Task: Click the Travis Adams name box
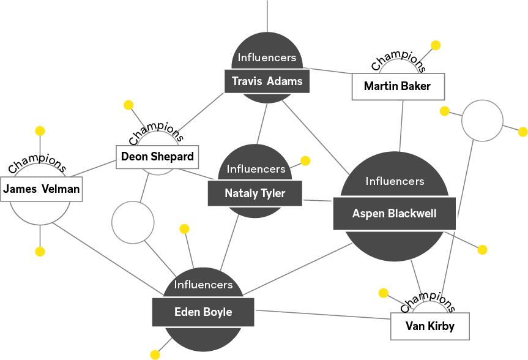coord(267,81)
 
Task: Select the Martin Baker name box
coord(397,86)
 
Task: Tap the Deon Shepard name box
coord(158,157)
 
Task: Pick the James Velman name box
coord(42,189)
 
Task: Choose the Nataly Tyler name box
coord(255,193)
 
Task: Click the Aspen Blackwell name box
coord(394,214)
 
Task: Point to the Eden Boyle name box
coord(203,312)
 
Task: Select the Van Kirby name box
coord(430,326)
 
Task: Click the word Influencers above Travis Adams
coord(267,58)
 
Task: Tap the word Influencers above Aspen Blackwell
coord(395,181)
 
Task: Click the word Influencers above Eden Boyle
coord(203,285)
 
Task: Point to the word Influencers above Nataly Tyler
coord(256,169)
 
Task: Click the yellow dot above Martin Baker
coord(436,45)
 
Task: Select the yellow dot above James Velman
coord(40,130)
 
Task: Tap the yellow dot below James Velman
coord(40,252)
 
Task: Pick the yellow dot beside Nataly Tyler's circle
coord(305,160)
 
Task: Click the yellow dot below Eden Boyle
coord(155,354)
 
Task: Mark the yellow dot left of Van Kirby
coord(384,293)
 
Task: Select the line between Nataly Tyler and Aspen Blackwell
coord(318,200)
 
